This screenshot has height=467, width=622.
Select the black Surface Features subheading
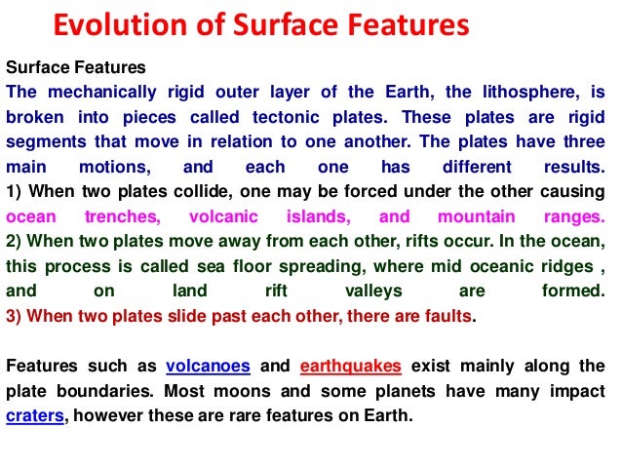click(76, 68)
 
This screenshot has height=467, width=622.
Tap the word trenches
click(127, 216)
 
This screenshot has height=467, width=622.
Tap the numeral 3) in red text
click(15, 316)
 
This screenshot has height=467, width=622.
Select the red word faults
click(449, 316)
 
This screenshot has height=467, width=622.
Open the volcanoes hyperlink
click(208, 366)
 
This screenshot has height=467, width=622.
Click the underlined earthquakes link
click(350, 366)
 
